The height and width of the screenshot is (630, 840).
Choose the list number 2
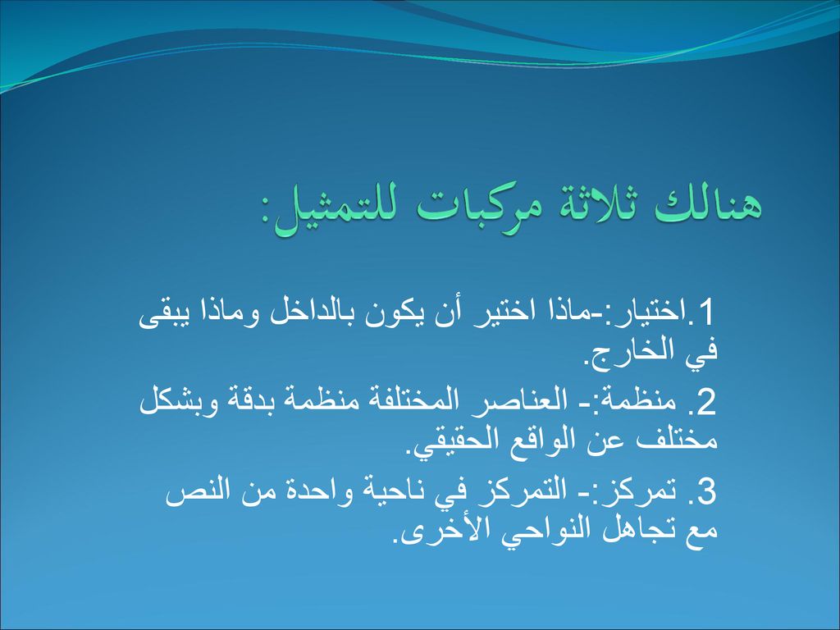706,403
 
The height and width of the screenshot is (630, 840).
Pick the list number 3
706,492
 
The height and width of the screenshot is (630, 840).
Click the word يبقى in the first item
160,316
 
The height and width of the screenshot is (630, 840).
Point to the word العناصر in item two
505,403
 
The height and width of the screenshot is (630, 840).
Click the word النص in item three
194,492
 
